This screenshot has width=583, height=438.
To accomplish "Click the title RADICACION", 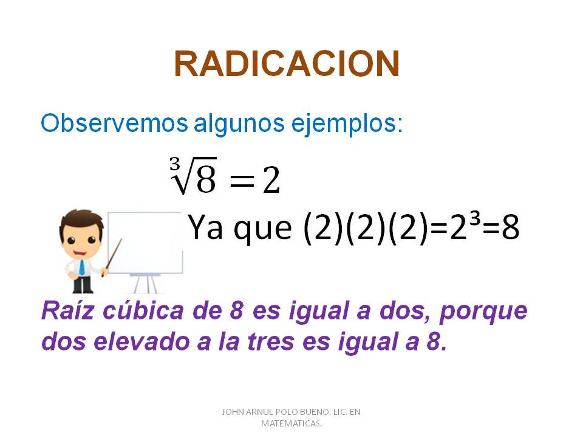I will point(287,64).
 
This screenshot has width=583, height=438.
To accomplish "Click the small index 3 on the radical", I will point(175,164).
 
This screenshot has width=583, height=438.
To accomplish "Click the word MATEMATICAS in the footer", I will point(291,423).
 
